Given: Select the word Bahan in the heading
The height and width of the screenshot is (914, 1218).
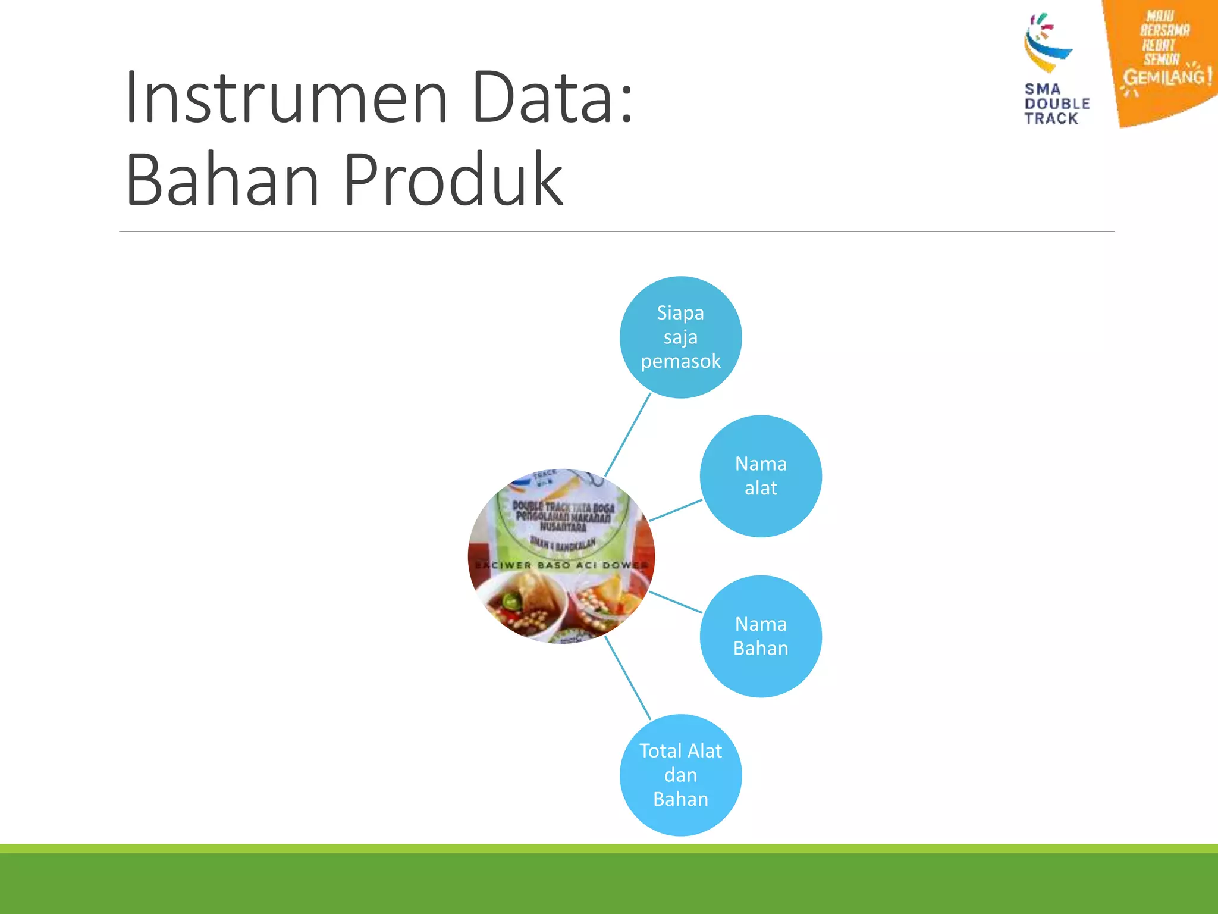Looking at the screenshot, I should (222, 179).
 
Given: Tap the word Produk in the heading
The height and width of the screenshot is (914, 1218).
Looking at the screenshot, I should (453, 179).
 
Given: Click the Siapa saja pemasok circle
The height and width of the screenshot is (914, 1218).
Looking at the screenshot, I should (680, 337).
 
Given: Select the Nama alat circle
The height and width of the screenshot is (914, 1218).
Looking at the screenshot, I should (761, 476).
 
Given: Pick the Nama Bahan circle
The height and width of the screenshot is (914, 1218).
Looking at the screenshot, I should (761, 636).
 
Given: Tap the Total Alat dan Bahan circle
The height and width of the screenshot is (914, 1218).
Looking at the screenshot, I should (680, 775).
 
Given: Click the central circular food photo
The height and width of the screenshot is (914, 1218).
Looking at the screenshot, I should (561, 556).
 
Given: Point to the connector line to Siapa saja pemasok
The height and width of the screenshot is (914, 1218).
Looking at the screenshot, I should (627, 434).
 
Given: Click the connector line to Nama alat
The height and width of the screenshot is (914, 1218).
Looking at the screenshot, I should (676, 511).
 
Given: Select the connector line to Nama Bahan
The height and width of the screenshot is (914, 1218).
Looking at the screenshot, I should (676, 602).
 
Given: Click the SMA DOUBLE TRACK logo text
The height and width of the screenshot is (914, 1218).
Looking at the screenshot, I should (1056, 104).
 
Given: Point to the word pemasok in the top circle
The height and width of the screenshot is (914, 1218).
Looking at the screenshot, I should (680, 361).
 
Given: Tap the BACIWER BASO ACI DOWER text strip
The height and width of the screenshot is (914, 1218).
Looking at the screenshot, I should (561, 565).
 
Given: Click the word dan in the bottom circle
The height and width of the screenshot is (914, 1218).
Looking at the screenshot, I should (680, 775).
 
